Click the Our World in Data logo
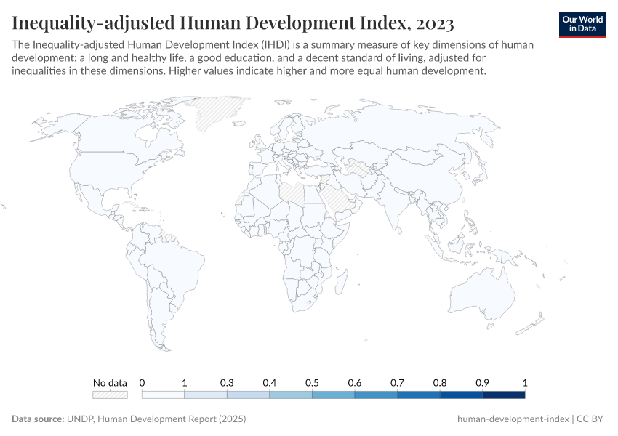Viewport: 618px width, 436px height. click(x=582, y=23)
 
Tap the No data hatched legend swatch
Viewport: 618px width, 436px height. click(x=110, y=395)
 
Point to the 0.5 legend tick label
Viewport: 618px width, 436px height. click(x=312, y=382)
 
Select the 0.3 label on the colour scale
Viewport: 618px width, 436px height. click(x=227, y=382)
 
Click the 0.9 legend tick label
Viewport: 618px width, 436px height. click(x=482, y=382)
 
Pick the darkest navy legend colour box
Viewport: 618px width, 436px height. click(x=503, y=395)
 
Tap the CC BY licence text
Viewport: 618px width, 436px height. click(x=592, y=419)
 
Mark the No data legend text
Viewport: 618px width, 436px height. click(x=110, y=382)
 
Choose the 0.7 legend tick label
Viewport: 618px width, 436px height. click(x=397, y=382)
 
